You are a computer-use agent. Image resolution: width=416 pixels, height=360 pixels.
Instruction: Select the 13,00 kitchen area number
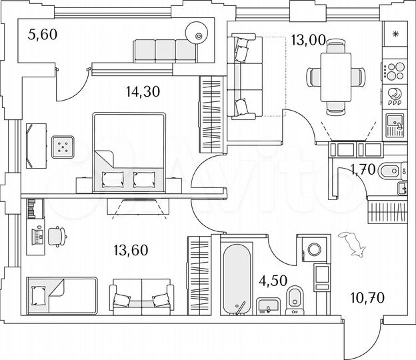(308, 40)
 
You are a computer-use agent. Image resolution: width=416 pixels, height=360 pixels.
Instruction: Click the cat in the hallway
(353, 244)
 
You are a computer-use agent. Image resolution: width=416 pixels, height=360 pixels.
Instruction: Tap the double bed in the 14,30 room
(129, 150)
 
